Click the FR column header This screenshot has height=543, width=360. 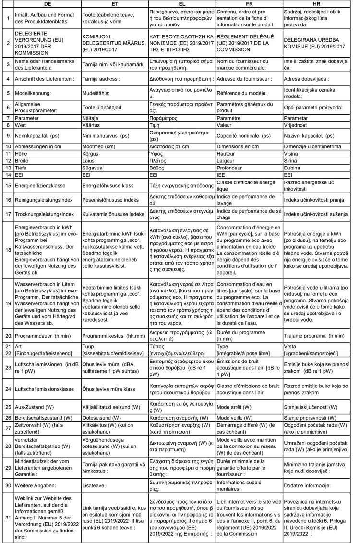click(249, 3)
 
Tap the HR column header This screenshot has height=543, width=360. click(316, 3)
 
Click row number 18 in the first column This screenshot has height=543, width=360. click(7, 250)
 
